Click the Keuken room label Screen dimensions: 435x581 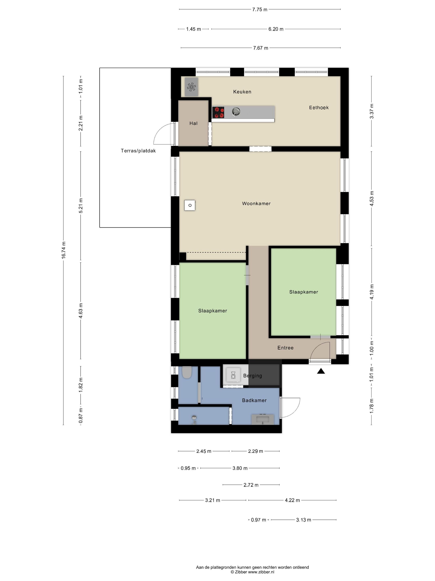pyautogui.click(x=242, y=92)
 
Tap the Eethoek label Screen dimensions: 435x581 pyautogui.click(x=319, y=107)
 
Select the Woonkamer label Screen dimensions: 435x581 pyautogui.click(x=256, y=203)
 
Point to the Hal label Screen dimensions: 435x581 pyautogui.click(x=193, y=123)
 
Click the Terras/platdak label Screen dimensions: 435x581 pyautogui.click(x=138, y=151)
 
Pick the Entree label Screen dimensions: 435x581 pyautogui.click(x=285, y=348)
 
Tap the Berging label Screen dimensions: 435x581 pyautogui.click(x=253, y=376)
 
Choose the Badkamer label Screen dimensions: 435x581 pyautogui.click(x=254, y=400)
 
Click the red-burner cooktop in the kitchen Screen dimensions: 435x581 pyautogui.click(x=218, y=112)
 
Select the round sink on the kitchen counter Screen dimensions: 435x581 pyautogui.click(x=236, y=112)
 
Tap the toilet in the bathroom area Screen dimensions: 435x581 pyautogui.click(x=187, y=372)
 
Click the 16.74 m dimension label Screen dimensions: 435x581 pyautogui.click(x=63, y=250)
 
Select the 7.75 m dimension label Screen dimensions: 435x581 pyautogui.click(x=260, y=10)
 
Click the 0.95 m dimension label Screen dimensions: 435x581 pyautogui.click(x=188, y=468)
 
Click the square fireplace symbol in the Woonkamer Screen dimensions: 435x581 pyautogui.click(x=190, y=205)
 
